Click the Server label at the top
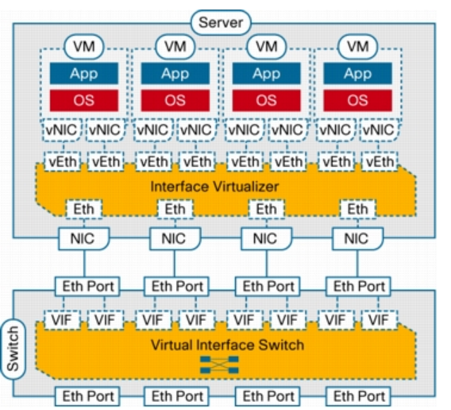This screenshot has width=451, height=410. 221,23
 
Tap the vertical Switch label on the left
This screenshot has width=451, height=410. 13,349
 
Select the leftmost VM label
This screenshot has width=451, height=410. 83,47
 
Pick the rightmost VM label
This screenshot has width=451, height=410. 358,47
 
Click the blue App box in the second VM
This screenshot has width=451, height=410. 175,73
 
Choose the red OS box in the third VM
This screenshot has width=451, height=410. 266,100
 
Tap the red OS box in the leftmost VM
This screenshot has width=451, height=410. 83,100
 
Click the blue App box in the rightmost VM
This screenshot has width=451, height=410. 357,73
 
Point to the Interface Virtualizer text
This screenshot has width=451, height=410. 214,187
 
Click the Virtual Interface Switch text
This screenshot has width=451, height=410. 227,345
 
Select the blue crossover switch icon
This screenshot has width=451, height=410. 219,365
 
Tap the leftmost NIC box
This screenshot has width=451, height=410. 83,238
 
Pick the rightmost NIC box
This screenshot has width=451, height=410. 357,238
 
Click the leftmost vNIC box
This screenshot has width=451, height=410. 62,130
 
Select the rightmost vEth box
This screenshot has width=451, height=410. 380,162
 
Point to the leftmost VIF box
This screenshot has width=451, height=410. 62,320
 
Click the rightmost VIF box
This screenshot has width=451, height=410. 380,320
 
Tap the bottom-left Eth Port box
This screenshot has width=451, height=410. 87,396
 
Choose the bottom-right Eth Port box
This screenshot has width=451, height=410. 358,396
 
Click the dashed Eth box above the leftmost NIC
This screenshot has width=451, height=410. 83,209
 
